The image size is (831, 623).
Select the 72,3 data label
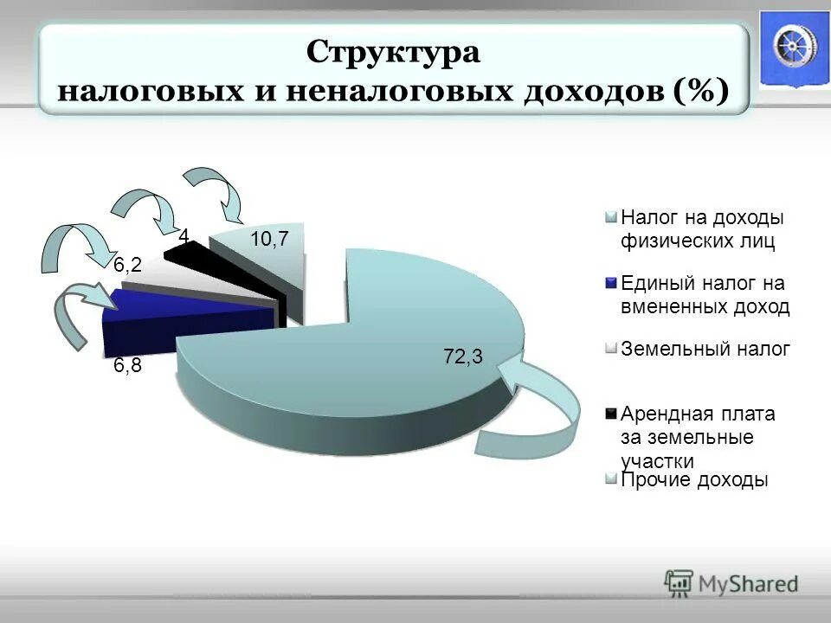click(463, 356)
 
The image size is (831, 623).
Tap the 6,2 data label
click(128, 266)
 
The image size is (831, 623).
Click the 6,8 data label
click(128, 366)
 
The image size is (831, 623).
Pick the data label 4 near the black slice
click(184, 235)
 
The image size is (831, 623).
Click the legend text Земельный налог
click(705, 349)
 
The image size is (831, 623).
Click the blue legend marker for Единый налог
click(611, 283)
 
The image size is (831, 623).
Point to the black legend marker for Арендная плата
click(611, 414)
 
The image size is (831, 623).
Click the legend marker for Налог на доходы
click(611, 216)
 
